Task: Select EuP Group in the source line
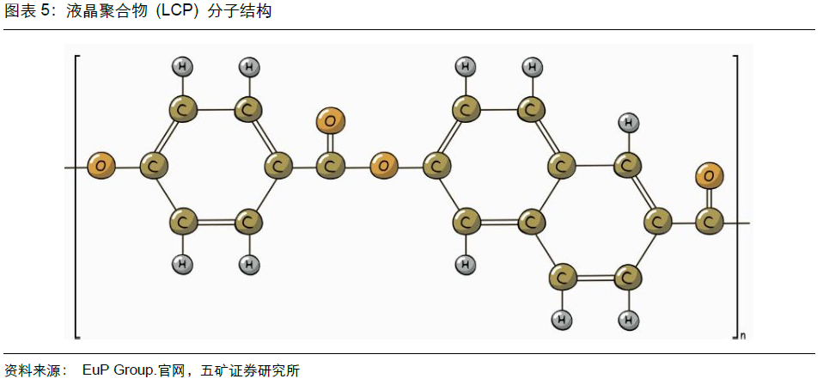[x=119, y=371]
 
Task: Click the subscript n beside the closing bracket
[x=742, y=335]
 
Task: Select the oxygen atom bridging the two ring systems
[x=384, y=164]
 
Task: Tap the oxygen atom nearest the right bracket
[x=710, y=177]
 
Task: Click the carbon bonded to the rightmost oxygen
[x=710, y=223]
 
